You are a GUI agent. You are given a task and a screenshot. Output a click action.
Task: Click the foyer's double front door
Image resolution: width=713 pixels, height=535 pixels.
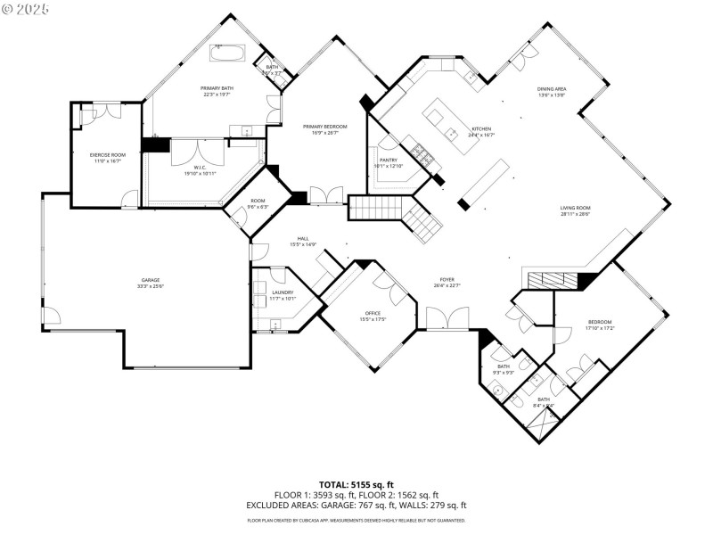point(447,317)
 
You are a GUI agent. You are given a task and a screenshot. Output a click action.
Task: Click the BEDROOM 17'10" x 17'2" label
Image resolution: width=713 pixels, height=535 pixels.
point(599,325)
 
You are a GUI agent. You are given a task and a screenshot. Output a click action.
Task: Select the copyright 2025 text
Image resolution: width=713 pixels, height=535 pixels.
point(26,8)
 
